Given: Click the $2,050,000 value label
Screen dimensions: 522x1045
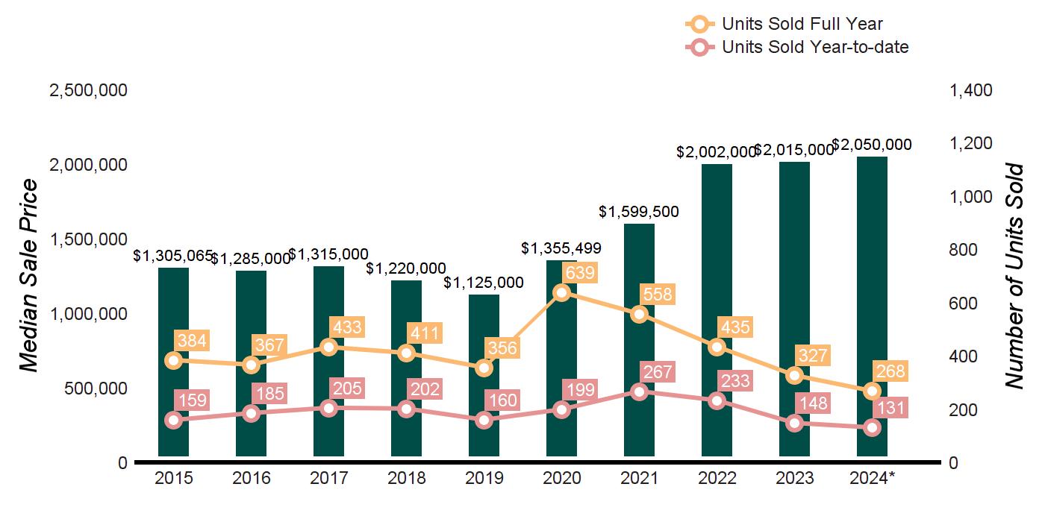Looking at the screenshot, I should (x=871, y=145).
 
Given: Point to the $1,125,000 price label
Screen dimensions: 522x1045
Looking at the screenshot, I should (x=484, y=283).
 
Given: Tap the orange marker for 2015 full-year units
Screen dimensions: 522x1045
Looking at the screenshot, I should (x=173, y=361).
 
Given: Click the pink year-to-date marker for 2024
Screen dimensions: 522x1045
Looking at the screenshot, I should (x=872, y=428).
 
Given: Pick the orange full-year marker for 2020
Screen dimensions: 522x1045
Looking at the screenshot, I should (x=561, y=292).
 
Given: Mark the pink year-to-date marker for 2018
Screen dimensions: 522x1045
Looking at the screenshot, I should (x=406, y=409).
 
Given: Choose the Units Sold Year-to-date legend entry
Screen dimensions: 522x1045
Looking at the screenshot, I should (x=798, y=48).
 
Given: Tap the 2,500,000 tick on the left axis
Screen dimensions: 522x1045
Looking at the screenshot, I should (x=88, y=90).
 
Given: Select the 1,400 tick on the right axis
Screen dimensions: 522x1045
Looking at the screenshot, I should (x=970, y=90).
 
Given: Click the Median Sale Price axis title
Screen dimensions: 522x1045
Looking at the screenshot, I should (x=28, y=276).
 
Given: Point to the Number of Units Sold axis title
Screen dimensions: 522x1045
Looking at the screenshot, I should (x=1014, y=276).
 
